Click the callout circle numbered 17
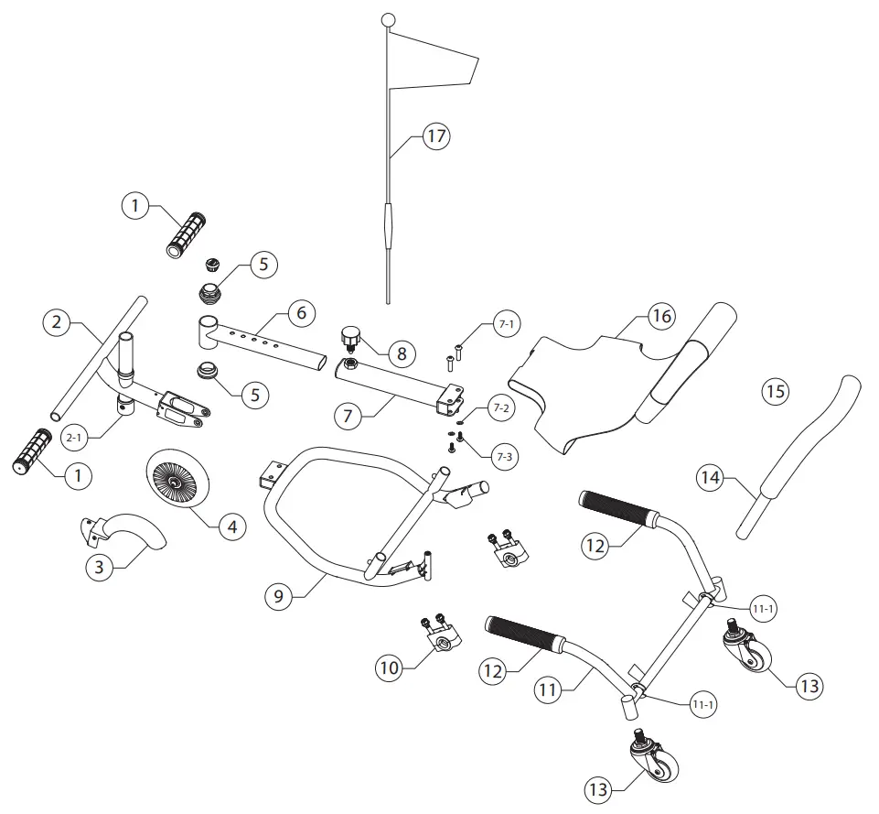[436, 136]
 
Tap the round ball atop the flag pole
[388, 20]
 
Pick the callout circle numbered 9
[280, 596]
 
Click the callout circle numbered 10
[390, 667]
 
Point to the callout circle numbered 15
[775, 392]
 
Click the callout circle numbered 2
[57, 321]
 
